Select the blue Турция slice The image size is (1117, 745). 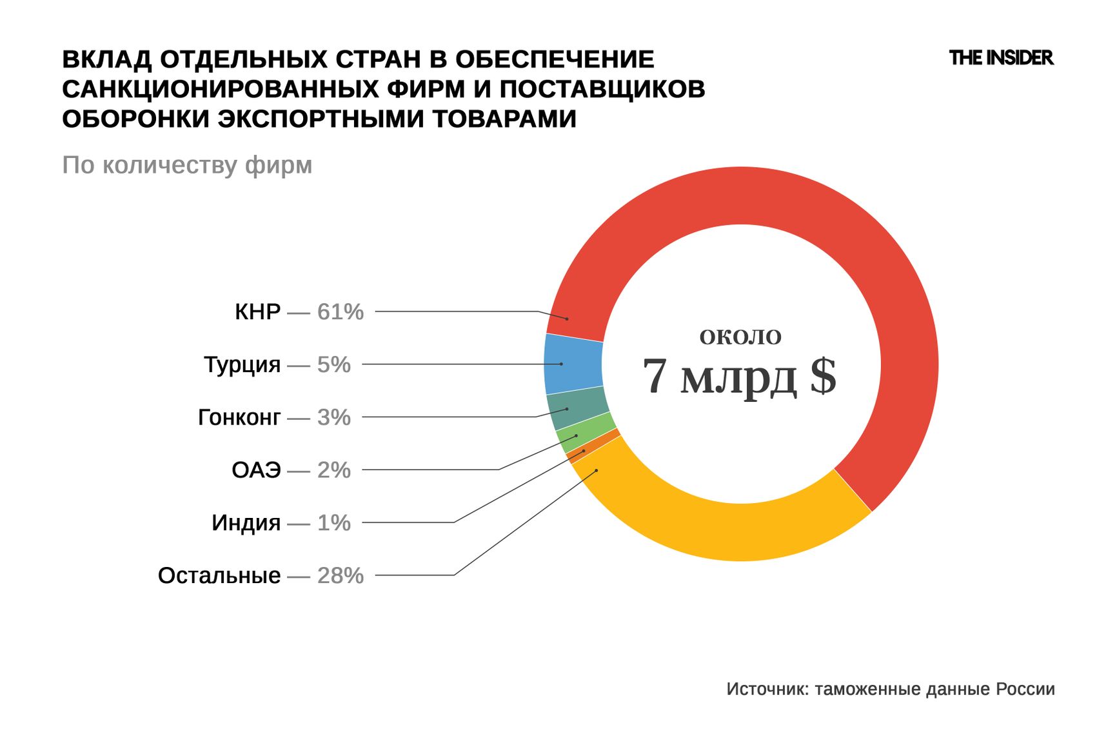[x=573, y=364]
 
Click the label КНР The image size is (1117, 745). [x=257, y=312]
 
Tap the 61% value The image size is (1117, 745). [x=340, y=312]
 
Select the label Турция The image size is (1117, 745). [x=242, y=365]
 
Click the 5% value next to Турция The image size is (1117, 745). [x=333, y=365]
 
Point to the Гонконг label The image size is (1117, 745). [x=239, y=418]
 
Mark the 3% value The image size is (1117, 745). [x=333, y=418]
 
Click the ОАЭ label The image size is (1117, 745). [x=256, y=470]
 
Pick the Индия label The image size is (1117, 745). [x=246, y=523]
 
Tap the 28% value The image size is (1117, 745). [x=340, y=575]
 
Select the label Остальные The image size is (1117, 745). [x=219, y=575]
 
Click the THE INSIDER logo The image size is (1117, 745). [x=1001, y=58]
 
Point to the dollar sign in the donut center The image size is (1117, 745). [x=823, y=376]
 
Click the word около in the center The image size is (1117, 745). [x=740, y=336]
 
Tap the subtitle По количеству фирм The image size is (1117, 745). [x=187, y=166]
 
